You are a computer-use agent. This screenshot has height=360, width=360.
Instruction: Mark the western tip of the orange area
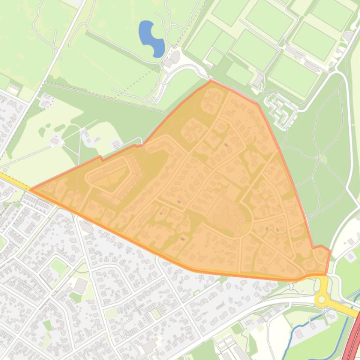(31, 189)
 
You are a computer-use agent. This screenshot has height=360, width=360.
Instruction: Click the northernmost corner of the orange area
(211, 80)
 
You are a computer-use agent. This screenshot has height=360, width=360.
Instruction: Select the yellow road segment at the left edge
(9, 180)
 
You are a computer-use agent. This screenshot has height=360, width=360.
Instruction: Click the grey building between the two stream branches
(300, 333)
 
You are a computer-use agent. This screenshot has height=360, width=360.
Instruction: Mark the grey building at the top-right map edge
(347, 36)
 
